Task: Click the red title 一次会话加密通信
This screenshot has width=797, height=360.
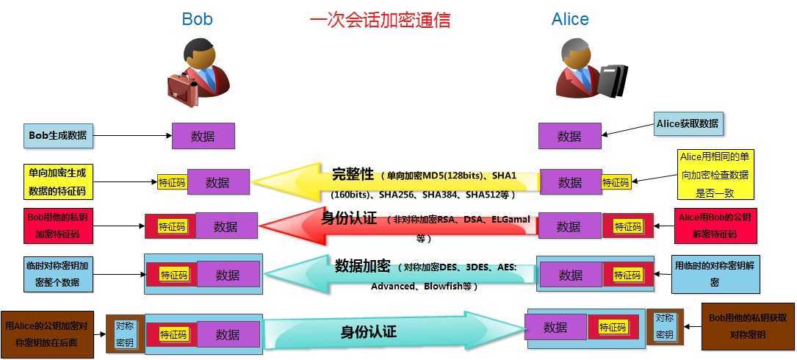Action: pos(381,20)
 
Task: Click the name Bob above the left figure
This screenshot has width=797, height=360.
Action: pos(197,19)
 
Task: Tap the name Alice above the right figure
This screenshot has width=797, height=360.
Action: pos(570,19)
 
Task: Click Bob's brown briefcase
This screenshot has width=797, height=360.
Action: pos(183,88)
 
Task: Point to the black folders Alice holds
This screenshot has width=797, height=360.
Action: pos(613,80)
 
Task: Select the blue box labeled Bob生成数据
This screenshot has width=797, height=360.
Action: pos(59,136)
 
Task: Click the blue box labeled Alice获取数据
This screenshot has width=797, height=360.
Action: pos(688,123)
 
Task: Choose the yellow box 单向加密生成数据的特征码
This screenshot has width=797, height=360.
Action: pos(59,182)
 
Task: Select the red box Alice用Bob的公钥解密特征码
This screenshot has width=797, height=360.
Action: pos(715,226)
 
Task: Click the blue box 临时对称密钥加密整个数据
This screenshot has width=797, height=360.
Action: pos(59,273)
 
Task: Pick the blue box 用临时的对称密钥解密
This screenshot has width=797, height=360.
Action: pos(715,275)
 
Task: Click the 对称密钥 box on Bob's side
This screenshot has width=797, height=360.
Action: pos(125,334)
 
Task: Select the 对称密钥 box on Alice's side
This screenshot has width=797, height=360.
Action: pos(664,327)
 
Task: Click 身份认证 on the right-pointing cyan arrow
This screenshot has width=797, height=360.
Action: pos(369,332)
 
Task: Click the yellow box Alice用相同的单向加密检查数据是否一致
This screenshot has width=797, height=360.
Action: pos(714,174)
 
